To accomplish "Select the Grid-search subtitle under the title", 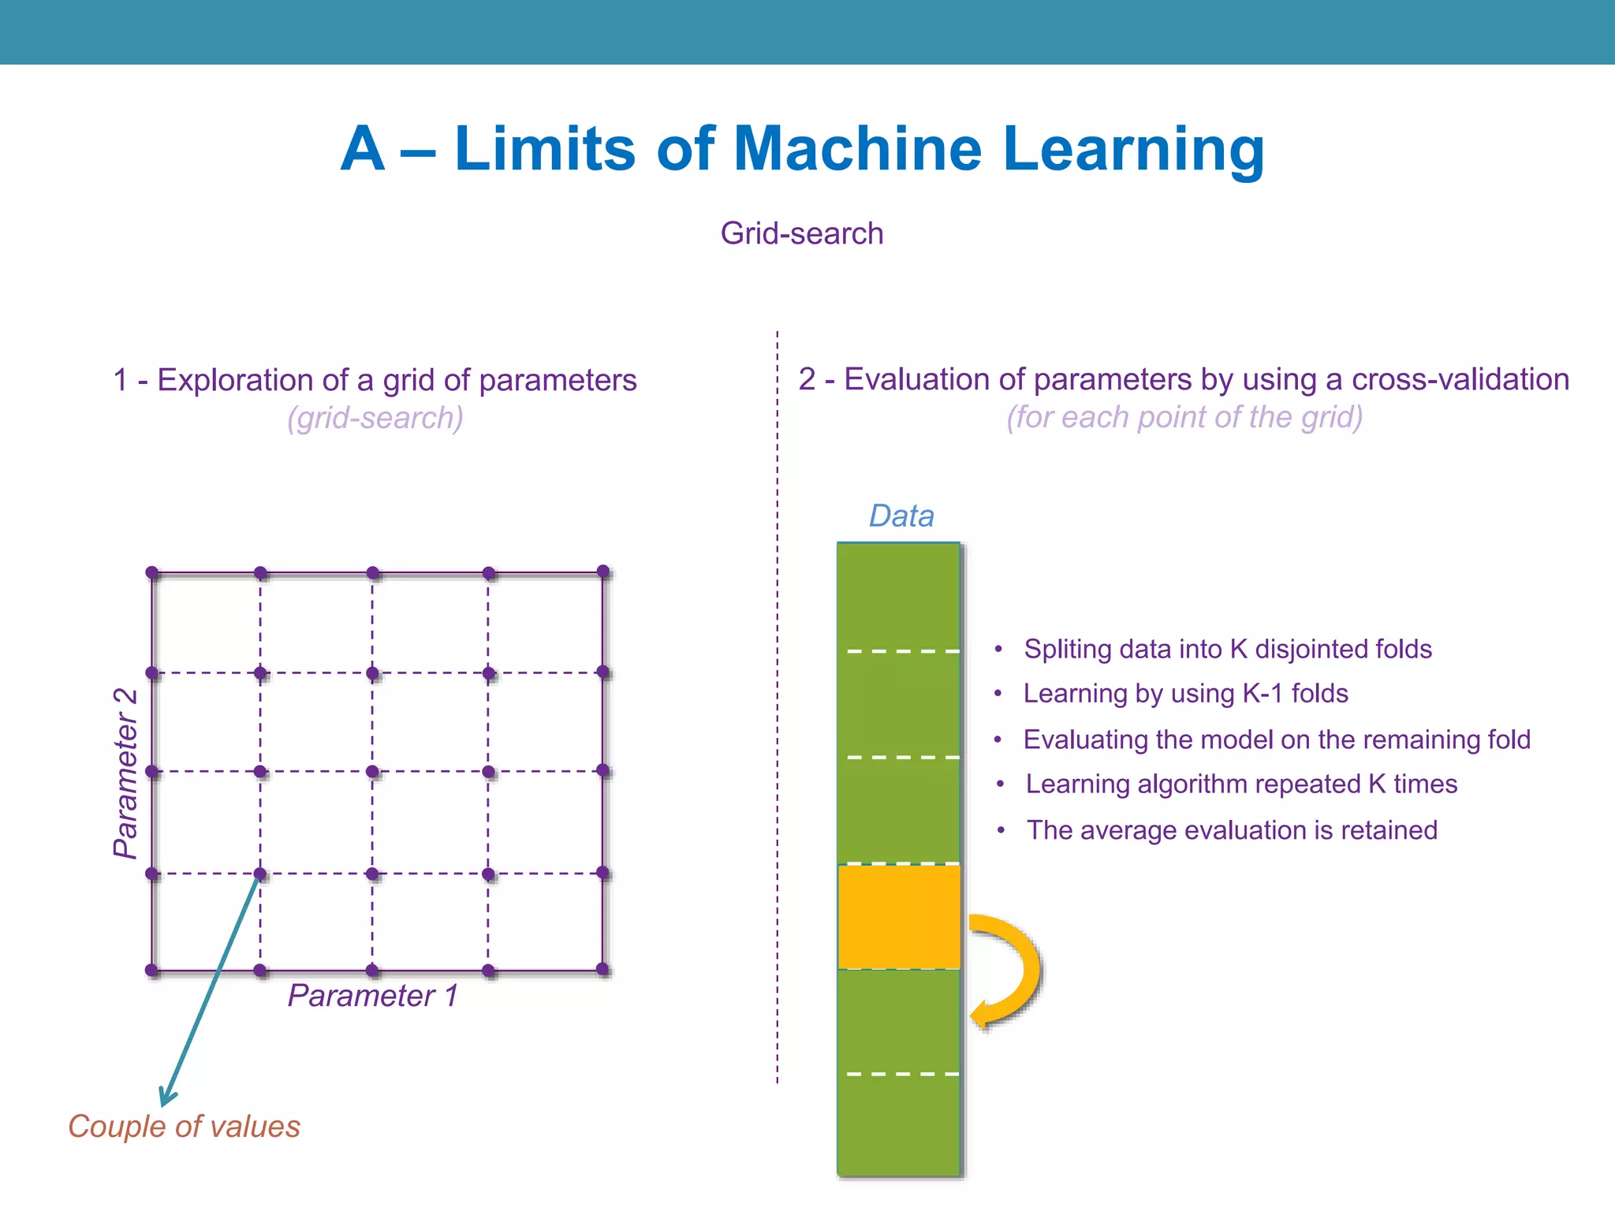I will point(801,233).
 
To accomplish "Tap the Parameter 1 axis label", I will point(372,996).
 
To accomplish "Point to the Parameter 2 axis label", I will point(125,773).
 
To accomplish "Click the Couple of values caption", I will point(184,1127).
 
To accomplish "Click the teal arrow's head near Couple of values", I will point(166,1098).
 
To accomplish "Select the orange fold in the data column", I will point(898,916).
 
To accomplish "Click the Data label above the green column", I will point(901,516).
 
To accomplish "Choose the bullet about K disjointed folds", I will point(1227,649).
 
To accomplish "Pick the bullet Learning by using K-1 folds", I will point(1185,694).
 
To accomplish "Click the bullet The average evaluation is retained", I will point(1231,830).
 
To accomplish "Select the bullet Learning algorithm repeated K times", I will point(1240,784).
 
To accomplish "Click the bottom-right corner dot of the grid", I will point(603,969).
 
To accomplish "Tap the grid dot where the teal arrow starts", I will point(260,874).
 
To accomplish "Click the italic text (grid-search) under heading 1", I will point(375,418).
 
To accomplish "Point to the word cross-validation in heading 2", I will point(1460,380).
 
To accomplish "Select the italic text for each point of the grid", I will point(1184,417).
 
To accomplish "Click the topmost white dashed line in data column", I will point(902,651).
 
